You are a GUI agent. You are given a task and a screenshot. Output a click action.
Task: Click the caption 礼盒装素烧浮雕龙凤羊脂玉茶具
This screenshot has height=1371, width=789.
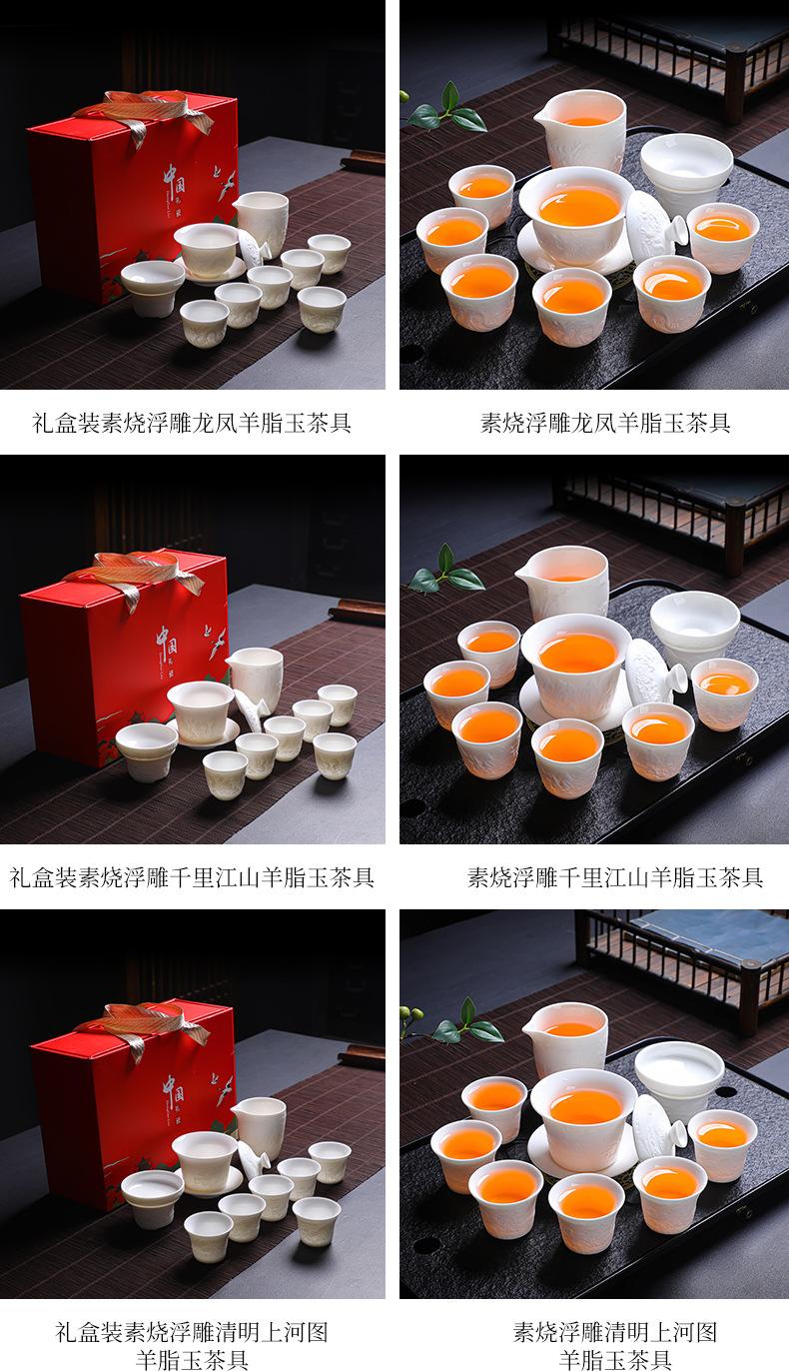192,423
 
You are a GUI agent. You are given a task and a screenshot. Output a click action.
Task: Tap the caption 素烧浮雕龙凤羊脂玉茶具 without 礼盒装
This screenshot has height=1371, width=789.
605,423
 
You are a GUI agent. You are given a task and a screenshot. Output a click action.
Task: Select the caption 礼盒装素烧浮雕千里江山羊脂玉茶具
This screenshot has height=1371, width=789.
192,877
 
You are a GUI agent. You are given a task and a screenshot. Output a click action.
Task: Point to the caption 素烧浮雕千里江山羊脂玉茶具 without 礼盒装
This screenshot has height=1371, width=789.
614,877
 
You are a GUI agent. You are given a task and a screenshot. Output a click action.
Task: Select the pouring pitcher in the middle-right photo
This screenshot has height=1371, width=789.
562,585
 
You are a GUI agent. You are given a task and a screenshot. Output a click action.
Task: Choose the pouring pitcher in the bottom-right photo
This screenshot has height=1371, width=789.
565,1040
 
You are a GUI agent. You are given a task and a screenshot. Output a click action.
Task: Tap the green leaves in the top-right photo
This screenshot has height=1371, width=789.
447,110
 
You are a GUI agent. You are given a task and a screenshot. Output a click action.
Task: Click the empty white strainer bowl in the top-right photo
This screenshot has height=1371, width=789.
687,165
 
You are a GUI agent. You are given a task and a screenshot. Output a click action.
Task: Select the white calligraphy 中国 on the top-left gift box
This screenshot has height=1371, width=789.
174,182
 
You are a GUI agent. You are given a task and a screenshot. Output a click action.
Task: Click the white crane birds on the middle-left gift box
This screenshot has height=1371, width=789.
217,642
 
